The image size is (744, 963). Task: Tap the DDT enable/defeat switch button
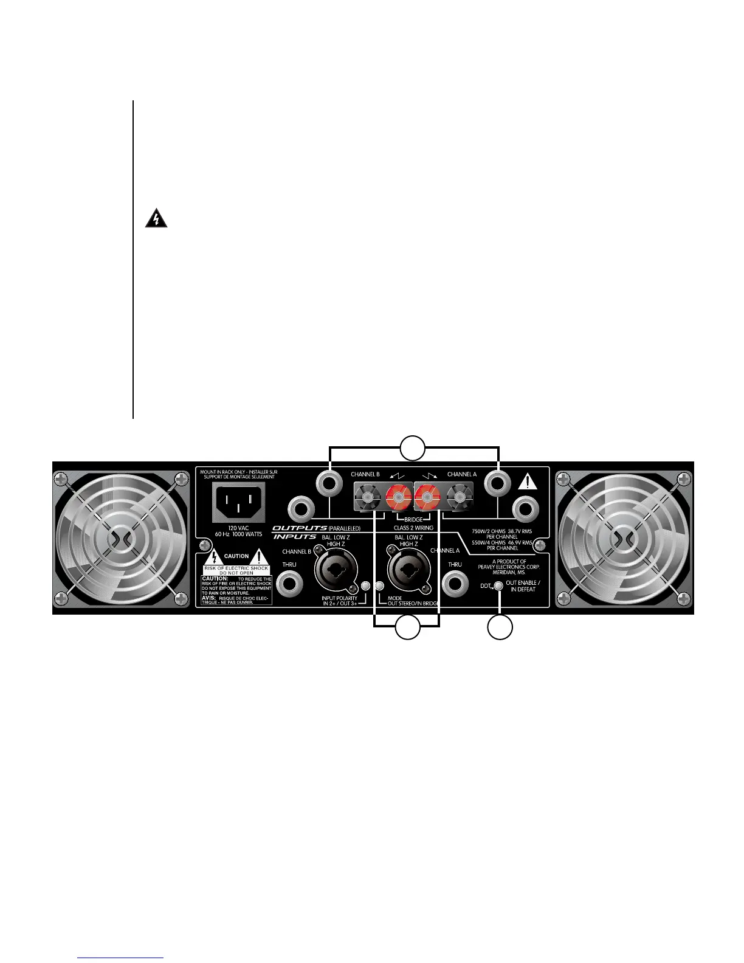pyautogui.click(x=498, y=586)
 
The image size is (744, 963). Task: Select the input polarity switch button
pyautogui.click(x=365, y=586)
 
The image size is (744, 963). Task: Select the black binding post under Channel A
pyautogui.click(x=457, y=499)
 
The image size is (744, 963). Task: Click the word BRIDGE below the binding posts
pyautogui.click(x=413, y=520)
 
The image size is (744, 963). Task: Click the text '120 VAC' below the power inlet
pyautogui.click(x=238, y=528)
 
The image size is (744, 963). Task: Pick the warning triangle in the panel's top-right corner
pyautogui.click(x=528, y=482)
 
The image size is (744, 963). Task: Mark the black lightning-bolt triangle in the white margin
pyautogui.click(x=156, y=219)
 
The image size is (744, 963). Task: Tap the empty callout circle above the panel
pyautogui.click(x=413, y=448)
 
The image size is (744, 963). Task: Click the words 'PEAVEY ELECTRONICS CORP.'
pyautogui.click(x=509, y=567)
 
